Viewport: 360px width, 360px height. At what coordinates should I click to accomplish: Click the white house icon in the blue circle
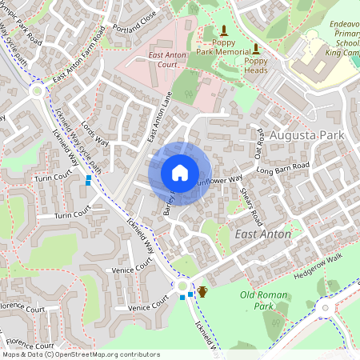pos(180,173)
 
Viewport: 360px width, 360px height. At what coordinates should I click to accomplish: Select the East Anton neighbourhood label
pos(263,233)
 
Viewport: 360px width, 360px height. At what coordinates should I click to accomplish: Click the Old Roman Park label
pos(263,301)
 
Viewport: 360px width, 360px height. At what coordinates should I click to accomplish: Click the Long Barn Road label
pos(282,168)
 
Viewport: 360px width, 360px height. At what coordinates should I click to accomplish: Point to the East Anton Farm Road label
pos(79,66)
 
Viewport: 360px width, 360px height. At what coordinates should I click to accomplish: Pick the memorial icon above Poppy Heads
pos(255,48)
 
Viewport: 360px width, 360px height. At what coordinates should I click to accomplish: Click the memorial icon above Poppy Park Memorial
pos(224,31)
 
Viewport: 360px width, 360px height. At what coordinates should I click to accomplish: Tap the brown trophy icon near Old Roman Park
pos(202,290)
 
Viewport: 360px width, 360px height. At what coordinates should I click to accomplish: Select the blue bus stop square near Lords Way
pos(88,181)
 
